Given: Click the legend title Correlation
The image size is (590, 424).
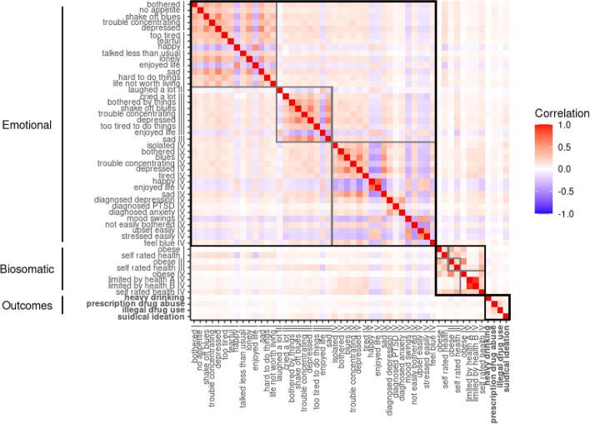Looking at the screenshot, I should click(x=562, y=112).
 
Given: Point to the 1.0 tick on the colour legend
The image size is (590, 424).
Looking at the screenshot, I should click(x=565, y=125).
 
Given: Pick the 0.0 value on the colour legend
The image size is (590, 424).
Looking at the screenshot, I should click(x=565, y=168).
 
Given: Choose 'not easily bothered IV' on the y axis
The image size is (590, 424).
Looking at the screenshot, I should click(x=144, y=223).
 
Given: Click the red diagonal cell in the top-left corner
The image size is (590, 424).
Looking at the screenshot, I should click(x=194, y=4).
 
